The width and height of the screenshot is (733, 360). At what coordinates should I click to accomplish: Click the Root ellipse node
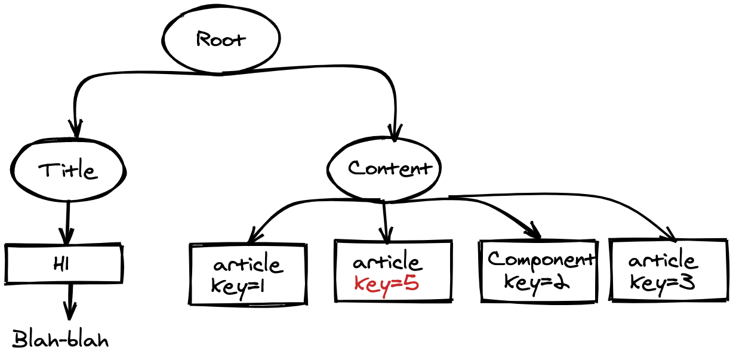click(x=221, y=39)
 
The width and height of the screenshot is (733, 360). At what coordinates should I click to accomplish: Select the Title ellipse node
click(x=67, y=170)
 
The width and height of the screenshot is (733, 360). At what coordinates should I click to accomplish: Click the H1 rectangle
click(x=63, y=264)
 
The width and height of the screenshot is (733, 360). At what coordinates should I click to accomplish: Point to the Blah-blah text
click(x=61, y=340)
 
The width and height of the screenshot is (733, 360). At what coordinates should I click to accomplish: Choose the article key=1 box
click(x=248, y=274)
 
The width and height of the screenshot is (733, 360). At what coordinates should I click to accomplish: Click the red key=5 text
click(x=386, y=284)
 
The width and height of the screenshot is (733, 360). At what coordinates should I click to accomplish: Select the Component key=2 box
click(x=538, y=270)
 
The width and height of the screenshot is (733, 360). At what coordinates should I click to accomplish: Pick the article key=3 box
click(x=669, y=270)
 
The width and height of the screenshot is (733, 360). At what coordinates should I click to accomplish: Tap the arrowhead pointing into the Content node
click(x=395, y=132)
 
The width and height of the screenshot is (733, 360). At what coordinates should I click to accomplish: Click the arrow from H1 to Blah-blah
click(x=70, y=301)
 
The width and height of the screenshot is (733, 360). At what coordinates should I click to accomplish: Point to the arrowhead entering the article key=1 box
click(x=253, y=237)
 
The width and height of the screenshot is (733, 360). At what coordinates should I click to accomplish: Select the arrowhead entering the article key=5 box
click(x=386, y=236)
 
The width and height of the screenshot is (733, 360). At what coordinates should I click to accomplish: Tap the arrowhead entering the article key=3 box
click(x=671, y=235)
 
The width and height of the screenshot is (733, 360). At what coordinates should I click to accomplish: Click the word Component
click(x=541, y=260)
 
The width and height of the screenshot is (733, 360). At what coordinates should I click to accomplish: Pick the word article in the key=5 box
click(x=387, y=263)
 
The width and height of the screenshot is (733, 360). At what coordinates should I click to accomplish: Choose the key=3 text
click(x=662, y=282)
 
